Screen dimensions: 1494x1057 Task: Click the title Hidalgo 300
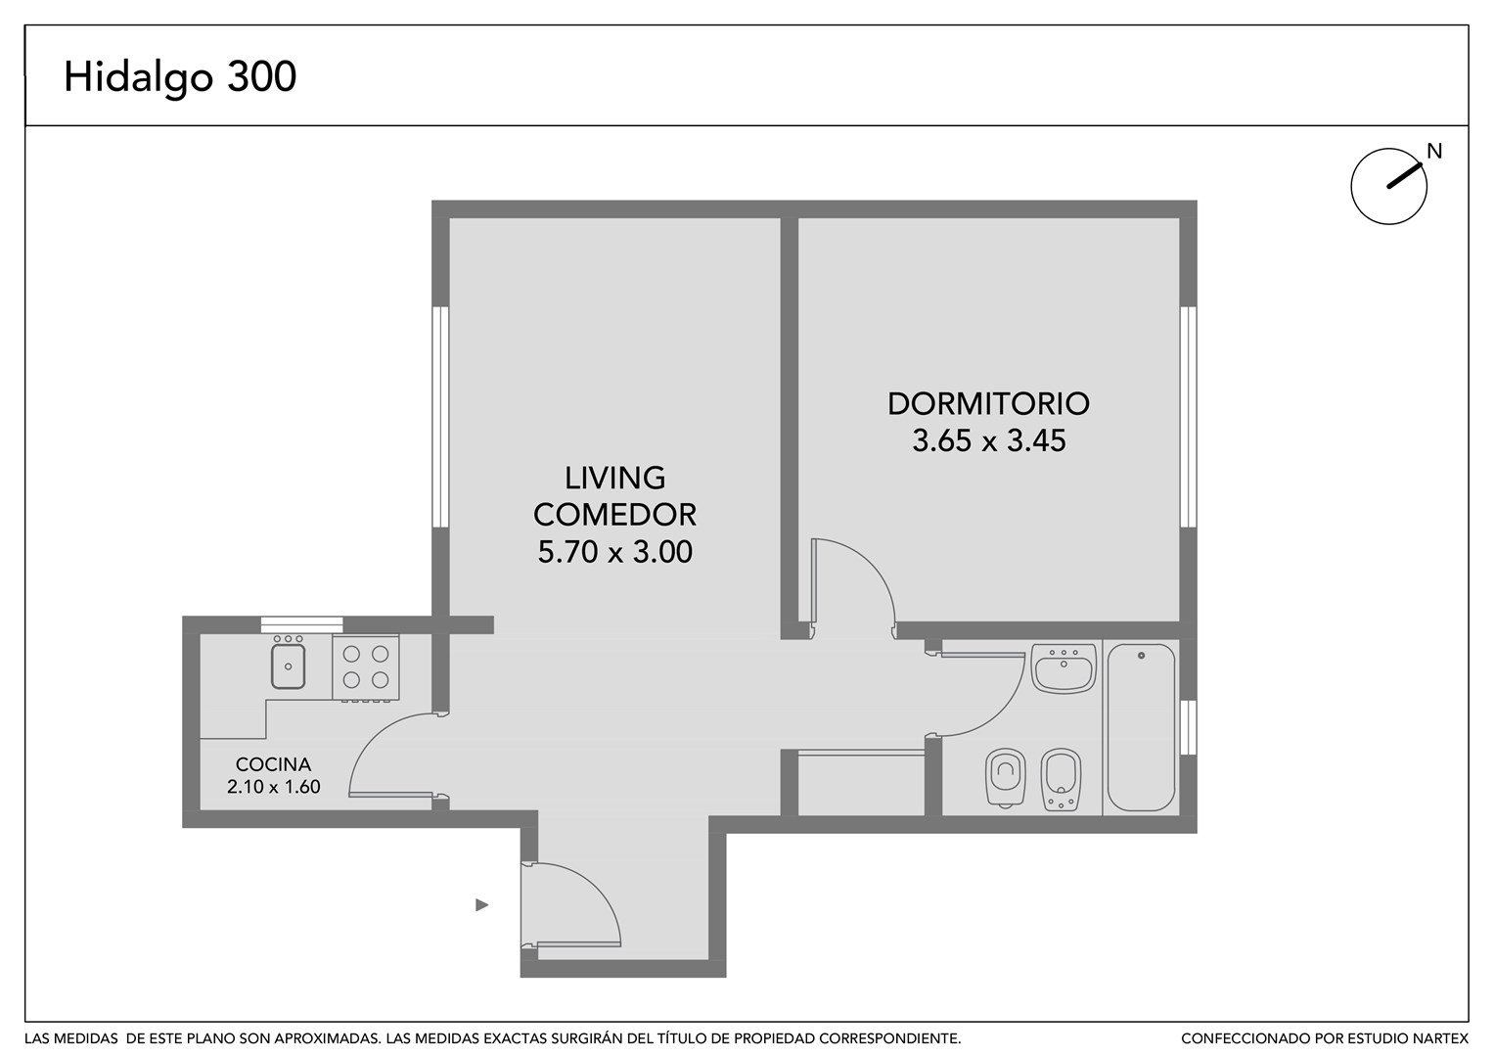[x=180, y=77]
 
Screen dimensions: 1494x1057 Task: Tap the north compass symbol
[x=1389, y=186]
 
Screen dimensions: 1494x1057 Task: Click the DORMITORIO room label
[x=988, y=403]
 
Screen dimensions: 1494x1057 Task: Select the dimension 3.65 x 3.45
[x=988, y=441]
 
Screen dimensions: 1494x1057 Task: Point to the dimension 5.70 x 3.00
[x=615, y=552]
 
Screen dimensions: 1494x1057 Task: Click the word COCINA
[x=273, y=764]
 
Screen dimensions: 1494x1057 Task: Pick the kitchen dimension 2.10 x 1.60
[x=273, y=787]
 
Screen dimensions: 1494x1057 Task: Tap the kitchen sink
[x=288, y=663]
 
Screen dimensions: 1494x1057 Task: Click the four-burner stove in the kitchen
[x=366, y=667]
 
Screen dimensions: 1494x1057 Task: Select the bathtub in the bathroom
[x=1141, y=726]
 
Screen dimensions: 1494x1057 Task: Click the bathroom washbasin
[x=1064, y=667]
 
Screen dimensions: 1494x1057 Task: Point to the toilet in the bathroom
[x=1006, y=778]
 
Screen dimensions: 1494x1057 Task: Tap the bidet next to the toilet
[x=1061, y=779]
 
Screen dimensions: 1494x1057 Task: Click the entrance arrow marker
[x=481, y=905]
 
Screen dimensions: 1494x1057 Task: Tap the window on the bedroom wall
[x=1188, y=416]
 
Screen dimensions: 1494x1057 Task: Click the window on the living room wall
[x=440, y=416]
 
